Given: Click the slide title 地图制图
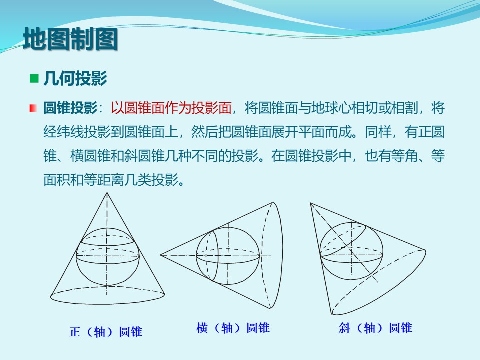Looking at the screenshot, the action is (70, 39).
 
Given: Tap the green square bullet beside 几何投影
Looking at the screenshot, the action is (34, 78).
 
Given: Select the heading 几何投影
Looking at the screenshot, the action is (75, 78).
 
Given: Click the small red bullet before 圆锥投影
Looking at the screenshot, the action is (33, 108).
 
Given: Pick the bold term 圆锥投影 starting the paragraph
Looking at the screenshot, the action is (70, 108).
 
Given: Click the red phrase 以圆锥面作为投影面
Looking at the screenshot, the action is (171, 108).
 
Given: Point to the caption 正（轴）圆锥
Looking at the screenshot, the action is (106, 332).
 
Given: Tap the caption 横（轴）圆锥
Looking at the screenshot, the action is (233, 328).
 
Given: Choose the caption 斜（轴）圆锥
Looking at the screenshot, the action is (375, 328).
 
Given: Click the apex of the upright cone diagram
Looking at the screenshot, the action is (107, 193).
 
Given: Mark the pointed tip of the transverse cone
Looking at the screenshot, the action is (160, 255).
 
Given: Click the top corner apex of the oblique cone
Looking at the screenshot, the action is (310, 203).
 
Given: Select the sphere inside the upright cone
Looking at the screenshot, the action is (76, 257).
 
